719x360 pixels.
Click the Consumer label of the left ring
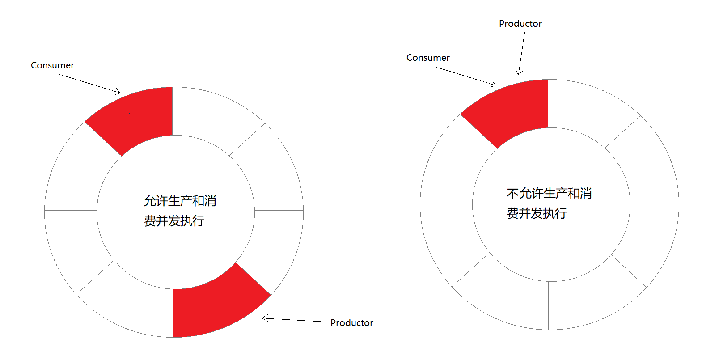pos(52,65)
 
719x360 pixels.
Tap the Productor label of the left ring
pos(351,323)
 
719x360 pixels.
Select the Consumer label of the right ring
pos(428,58)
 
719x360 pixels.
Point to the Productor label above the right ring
pos(520,24)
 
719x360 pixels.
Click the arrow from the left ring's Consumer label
pos(89,84)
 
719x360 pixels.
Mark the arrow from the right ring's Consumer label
pos(465,76)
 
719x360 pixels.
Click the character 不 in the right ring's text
pos(512,194)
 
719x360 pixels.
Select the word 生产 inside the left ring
pos(180,201)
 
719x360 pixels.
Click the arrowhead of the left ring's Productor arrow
pos(264,318)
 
